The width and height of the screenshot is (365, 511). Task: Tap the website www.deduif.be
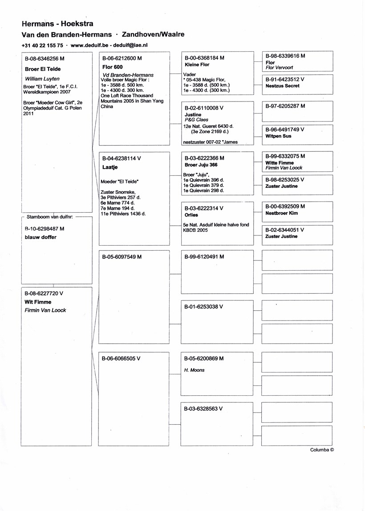pos(90,45)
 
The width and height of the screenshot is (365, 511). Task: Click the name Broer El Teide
pos(43,69)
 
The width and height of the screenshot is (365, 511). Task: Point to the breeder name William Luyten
pos(42,79)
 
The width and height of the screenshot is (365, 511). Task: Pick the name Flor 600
pos(112,67)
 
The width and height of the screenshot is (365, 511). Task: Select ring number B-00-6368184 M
pos(204,58)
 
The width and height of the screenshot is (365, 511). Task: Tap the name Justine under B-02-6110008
pos(192,115)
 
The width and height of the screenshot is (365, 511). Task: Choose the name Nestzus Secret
pos(282,86)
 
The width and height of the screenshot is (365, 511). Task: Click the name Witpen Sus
pos(278,136)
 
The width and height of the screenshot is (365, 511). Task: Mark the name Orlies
pos(191,215)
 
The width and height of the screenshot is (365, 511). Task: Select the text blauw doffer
pos(41,237)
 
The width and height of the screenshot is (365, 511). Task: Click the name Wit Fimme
pos(38,302)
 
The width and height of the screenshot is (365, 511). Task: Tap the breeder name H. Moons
pos(194,370)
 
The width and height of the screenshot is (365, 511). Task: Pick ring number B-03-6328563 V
pos(203,409)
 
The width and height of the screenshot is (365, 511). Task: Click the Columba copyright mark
pos(322,450)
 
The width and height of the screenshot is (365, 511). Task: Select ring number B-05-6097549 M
pos(122,257)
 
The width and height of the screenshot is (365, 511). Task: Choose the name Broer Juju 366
pos(201,165)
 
